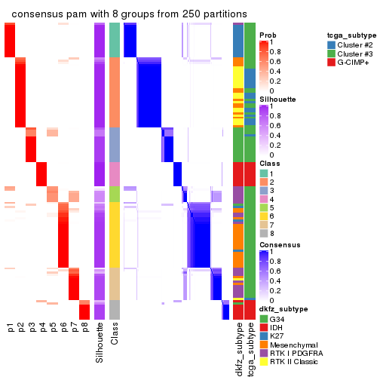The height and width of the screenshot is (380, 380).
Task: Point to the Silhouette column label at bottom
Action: point(100,343)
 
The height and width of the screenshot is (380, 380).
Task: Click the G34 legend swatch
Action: point(263,319)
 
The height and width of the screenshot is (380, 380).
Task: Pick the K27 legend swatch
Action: point(263,340)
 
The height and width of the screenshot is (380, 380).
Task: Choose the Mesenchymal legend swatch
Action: point(263,351)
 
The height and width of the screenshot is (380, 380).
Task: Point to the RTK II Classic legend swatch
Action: point(263,372)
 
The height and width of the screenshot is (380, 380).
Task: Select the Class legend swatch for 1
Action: point(263,173)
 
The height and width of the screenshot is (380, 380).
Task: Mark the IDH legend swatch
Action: point(263,329)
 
